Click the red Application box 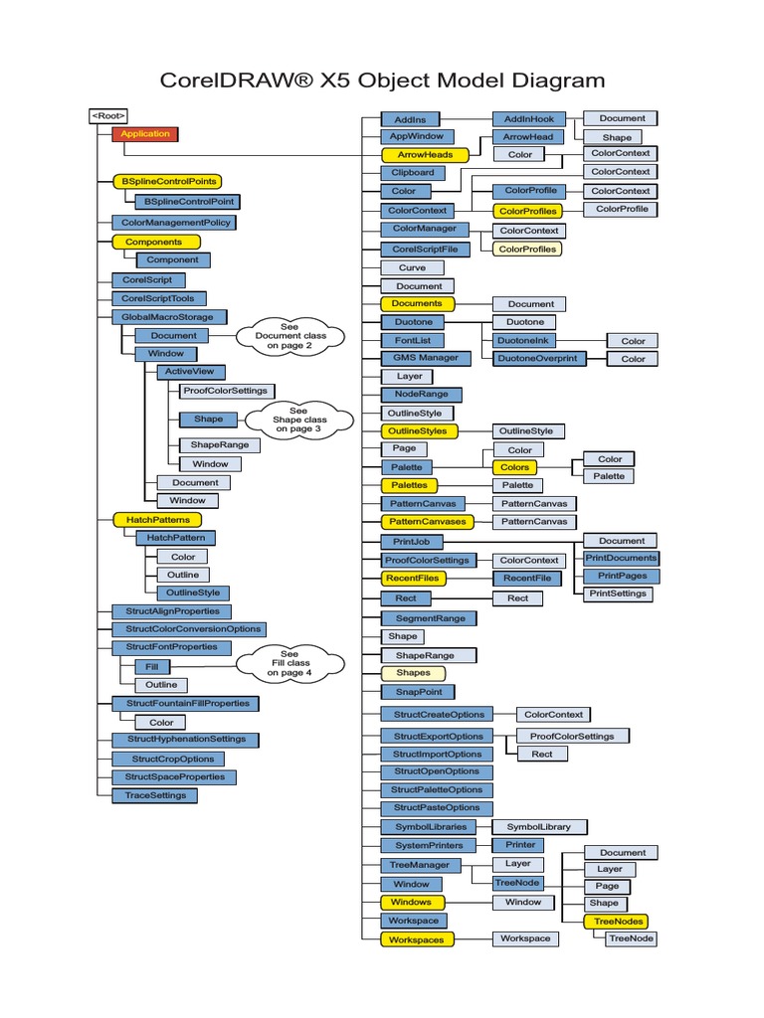point(145,134)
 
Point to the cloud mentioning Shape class point(298,420)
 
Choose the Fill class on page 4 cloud point(288,664)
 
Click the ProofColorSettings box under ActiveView point(224,391)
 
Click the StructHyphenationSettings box point(185,740)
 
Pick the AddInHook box point(528,118)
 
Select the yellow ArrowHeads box point(425,155)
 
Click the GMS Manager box point(426,358)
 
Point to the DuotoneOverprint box point(538,358)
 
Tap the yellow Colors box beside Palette point(514,467)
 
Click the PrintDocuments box point(621,558)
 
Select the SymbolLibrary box point(538,827)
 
